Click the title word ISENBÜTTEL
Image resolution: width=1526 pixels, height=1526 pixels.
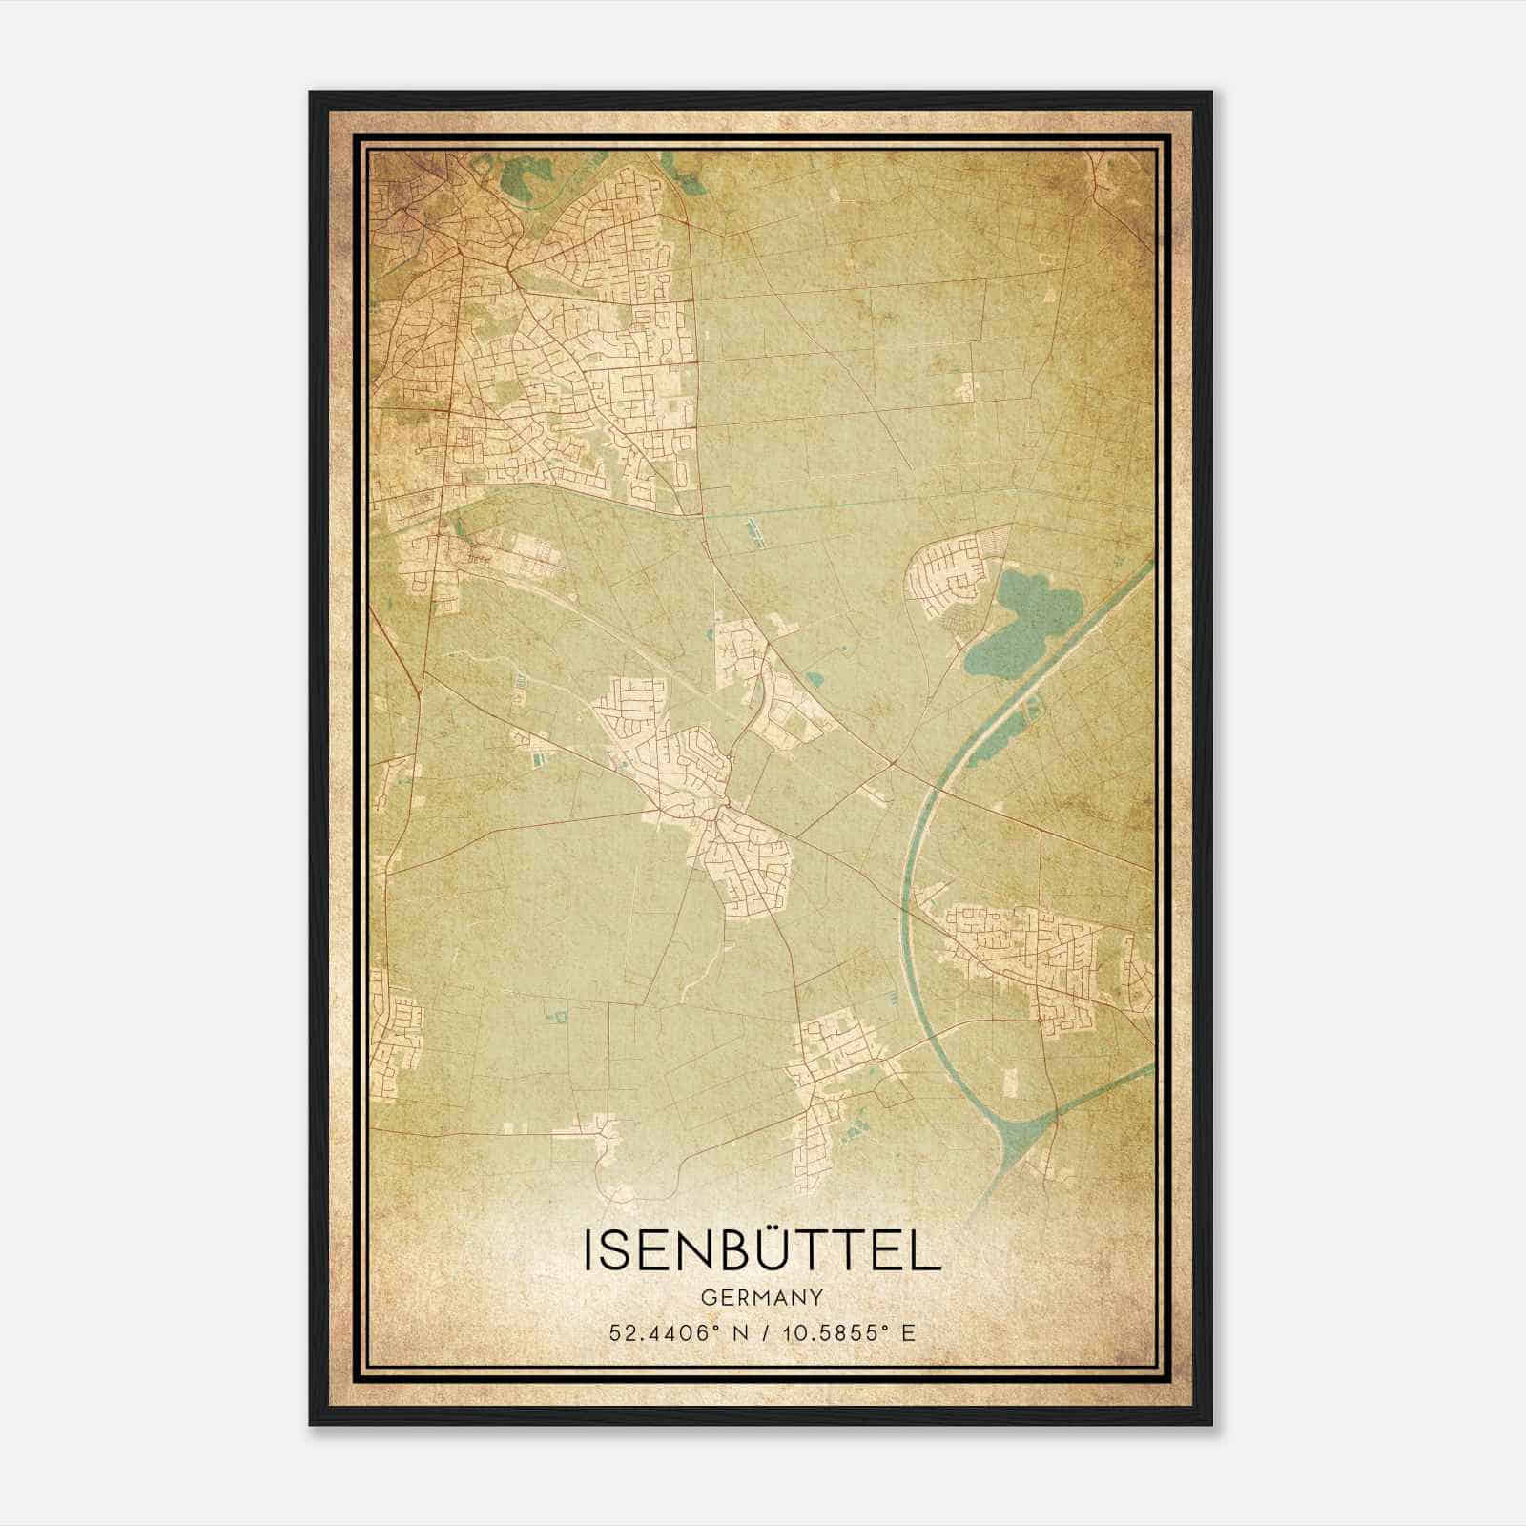(761, 1250)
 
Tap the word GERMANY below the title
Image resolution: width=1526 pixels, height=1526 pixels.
(761, 1297)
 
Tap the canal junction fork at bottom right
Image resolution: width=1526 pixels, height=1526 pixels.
(1025, 1130)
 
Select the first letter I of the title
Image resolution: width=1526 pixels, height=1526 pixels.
(588, 1250)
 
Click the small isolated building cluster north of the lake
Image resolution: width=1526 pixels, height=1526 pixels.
(966, 387)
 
